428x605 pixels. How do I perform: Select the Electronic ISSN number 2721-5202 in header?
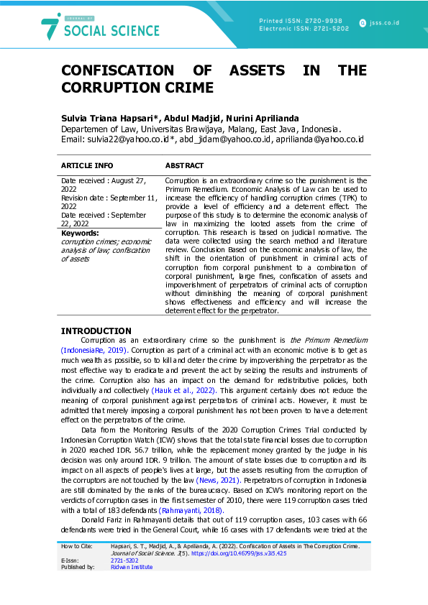334,29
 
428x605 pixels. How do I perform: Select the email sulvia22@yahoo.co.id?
127,139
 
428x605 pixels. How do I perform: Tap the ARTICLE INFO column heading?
86,165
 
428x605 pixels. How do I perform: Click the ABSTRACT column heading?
185,165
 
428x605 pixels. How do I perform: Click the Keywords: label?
79,233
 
